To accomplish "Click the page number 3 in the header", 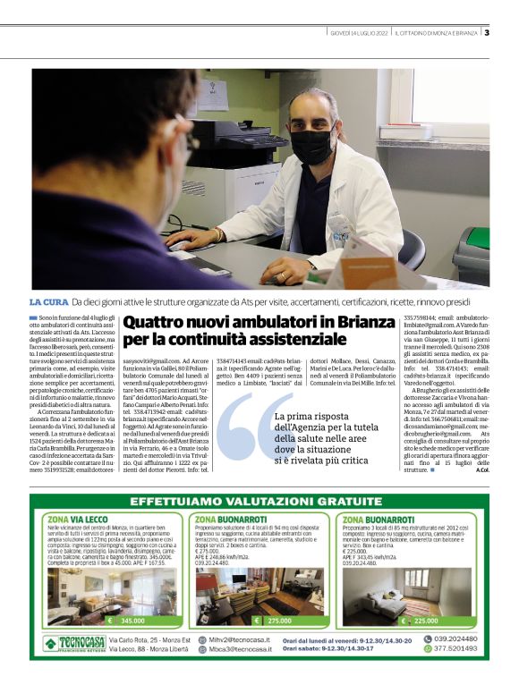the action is pyautogui.click(x=487, y=33).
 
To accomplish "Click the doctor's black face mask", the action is pyautogui.click(x=316, y=144).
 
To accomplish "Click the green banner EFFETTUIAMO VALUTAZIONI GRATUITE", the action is pyautogui.click(x=259, y=503).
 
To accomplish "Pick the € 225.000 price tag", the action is pyautogui.click(x=421, y=620).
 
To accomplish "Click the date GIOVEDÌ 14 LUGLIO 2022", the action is pyautogui.click(x=358, y=33).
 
